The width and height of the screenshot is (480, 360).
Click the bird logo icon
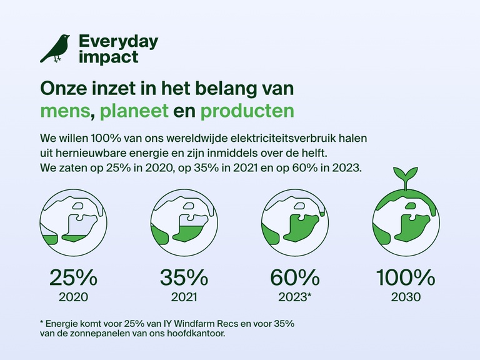(55, 49)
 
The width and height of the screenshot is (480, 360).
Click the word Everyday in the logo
(118, 42)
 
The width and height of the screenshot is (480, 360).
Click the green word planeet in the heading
(135, 111)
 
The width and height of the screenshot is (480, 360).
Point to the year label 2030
(405, 297)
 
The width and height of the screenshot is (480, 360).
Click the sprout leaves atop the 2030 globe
(405, 174)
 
